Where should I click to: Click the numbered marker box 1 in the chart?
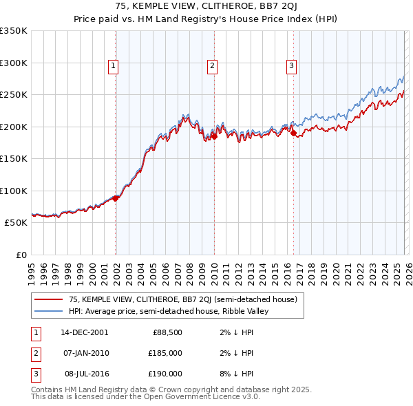[x=112, y=66]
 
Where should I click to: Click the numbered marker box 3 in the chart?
[x=291, y=66]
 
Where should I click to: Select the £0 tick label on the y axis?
[x=21, y=255]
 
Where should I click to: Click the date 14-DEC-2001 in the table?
[x=84, y=332]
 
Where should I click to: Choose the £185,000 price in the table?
[x=165, y=353]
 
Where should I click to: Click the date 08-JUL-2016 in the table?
[x=84, y=374]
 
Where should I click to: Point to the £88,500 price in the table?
[x=167, y=332]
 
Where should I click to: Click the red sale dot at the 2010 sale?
[x=214, y=136]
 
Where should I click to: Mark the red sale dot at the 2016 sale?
[x=293, y=133]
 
